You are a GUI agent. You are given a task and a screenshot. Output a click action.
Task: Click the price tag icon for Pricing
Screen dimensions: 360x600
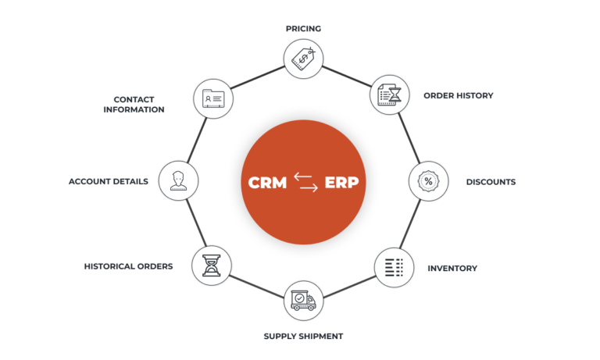[303, 59]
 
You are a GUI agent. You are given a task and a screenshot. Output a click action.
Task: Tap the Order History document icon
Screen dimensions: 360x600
[389, 95]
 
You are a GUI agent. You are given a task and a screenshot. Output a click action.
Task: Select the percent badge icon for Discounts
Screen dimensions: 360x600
[428, 181]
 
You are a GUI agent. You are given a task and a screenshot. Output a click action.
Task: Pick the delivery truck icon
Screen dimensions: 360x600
[303, 301]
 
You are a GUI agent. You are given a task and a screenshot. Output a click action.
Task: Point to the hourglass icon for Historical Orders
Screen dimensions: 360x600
[211, 266]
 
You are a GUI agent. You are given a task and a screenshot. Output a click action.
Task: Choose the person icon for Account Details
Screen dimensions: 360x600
[177, 181]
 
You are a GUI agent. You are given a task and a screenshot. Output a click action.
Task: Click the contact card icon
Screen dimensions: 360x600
[212, 98]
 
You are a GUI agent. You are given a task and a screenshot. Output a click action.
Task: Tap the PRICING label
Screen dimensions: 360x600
[303, 28]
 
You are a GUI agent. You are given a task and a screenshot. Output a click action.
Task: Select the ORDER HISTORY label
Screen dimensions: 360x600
[458, 95]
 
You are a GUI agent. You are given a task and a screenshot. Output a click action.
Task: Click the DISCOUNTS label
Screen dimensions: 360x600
[490, 182]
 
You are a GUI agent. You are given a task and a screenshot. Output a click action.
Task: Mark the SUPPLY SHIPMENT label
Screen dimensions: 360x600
[302, 336]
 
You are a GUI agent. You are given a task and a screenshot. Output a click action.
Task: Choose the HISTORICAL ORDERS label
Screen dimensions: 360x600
[128, 266]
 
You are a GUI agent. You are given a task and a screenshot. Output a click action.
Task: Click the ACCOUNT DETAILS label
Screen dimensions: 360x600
[108, 181]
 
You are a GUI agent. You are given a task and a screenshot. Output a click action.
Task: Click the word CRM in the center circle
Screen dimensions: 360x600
[267, 183]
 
